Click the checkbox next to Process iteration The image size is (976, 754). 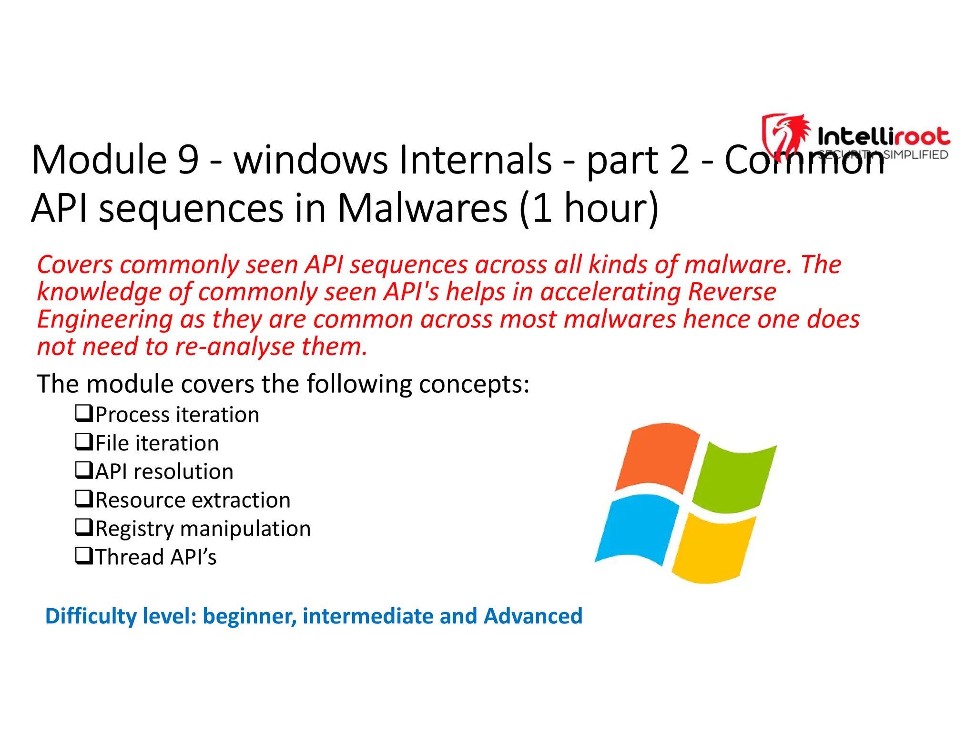tap(84, 413)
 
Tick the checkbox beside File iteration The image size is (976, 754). tap(84, 442)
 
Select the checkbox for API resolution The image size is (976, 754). tap(84, 470)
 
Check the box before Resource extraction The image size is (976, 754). tap(84, 499)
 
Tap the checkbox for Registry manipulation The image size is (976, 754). tap(84, 527)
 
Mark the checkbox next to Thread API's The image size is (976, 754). tap(84, 556)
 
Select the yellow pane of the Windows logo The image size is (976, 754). tap(713, 548)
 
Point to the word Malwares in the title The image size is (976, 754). tap(422, 208)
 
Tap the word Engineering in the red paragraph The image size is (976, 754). tap(105, 319)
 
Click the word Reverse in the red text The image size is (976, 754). tap(732, 292)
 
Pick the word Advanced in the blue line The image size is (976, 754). tap(533, 616)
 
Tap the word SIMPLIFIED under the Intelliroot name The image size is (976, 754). tap(915, 154)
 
